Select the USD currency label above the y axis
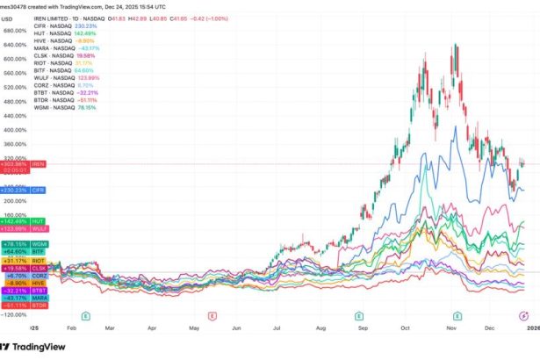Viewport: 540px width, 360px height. (x=6, y=17)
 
